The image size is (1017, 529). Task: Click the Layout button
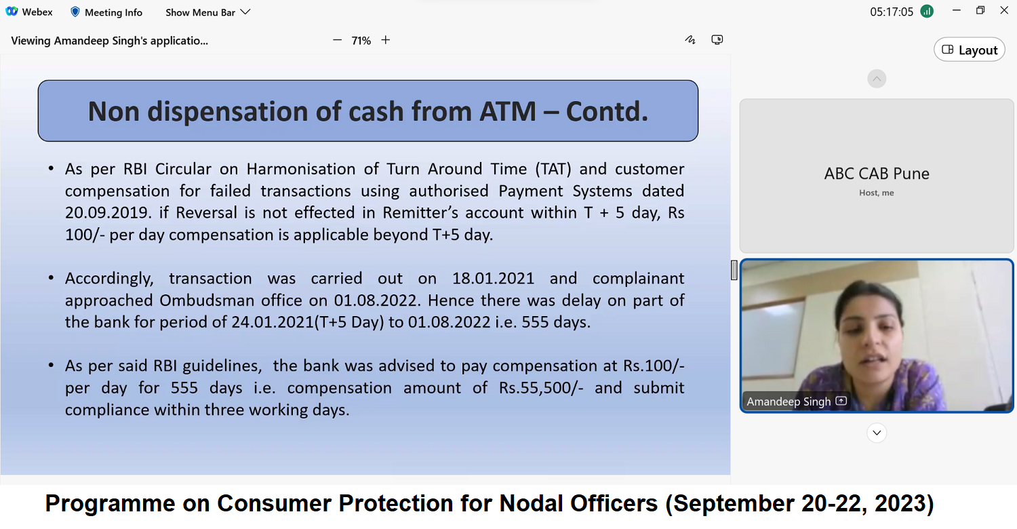(969, 50)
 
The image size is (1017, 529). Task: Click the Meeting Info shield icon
(75, 12)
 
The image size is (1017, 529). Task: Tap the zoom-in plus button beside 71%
(386, 40)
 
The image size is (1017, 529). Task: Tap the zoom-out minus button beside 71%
(337, 40)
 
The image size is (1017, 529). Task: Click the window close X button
(1004, 10)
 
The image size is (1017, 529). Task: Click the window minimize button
(956, 10)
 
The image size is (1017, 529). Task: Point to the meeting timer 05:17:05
(892, 12)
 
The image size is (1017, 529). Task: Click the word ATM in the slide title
(508, 111)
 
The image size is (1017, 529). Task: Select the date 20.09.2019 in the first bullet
(108, 212)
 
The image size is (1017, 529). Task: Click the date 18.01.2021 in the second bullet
(493, 278)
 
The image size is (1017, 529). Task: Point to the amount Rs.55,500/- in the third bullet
(541, 388)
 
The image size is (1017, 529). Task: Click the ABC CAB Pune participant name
(876, 174)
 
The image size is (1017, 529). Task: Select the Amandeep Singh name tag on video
(789, 401)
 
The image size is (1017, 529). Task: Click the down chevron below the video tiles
(877, 433)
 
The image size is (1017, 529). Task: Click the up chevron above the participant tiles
(877, 79)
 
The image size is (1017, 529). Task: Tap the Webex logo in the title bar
(12, 12)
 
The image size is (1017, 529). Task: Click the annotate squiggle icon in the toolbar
(690, 40)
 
